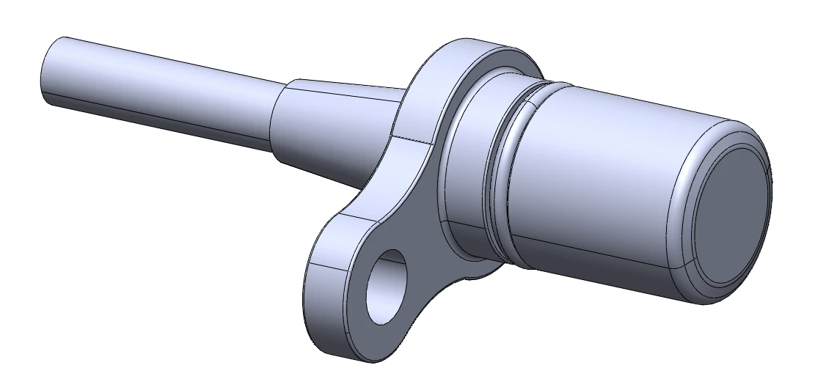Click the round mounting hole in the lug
387,287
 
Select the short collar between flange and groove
469,169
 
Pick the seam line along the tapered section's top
345,95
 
